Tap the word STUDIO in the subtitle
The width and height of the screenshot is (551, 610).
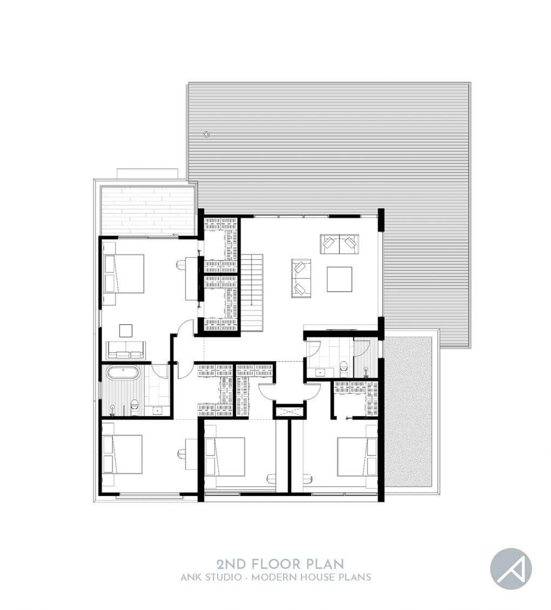(x=224, y=577)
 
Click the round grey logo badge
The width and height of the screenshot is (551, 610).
(x=510, y=569)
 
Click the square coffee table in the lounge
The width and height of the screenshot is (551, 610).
(x=339, y=279)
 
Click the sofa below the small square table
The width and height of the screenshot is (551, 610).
(x=125, y=350)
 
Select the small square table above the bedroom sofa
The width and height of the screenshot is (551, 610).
(x=126, y=330)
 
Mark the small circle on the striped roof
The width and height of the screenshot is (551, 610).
(x=206, y=134)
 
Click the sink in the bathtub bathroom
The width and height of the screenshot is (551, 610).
(x=158, y=410)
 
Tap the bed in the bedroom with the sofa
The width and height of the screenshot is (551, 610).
(x=124, y=273)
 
